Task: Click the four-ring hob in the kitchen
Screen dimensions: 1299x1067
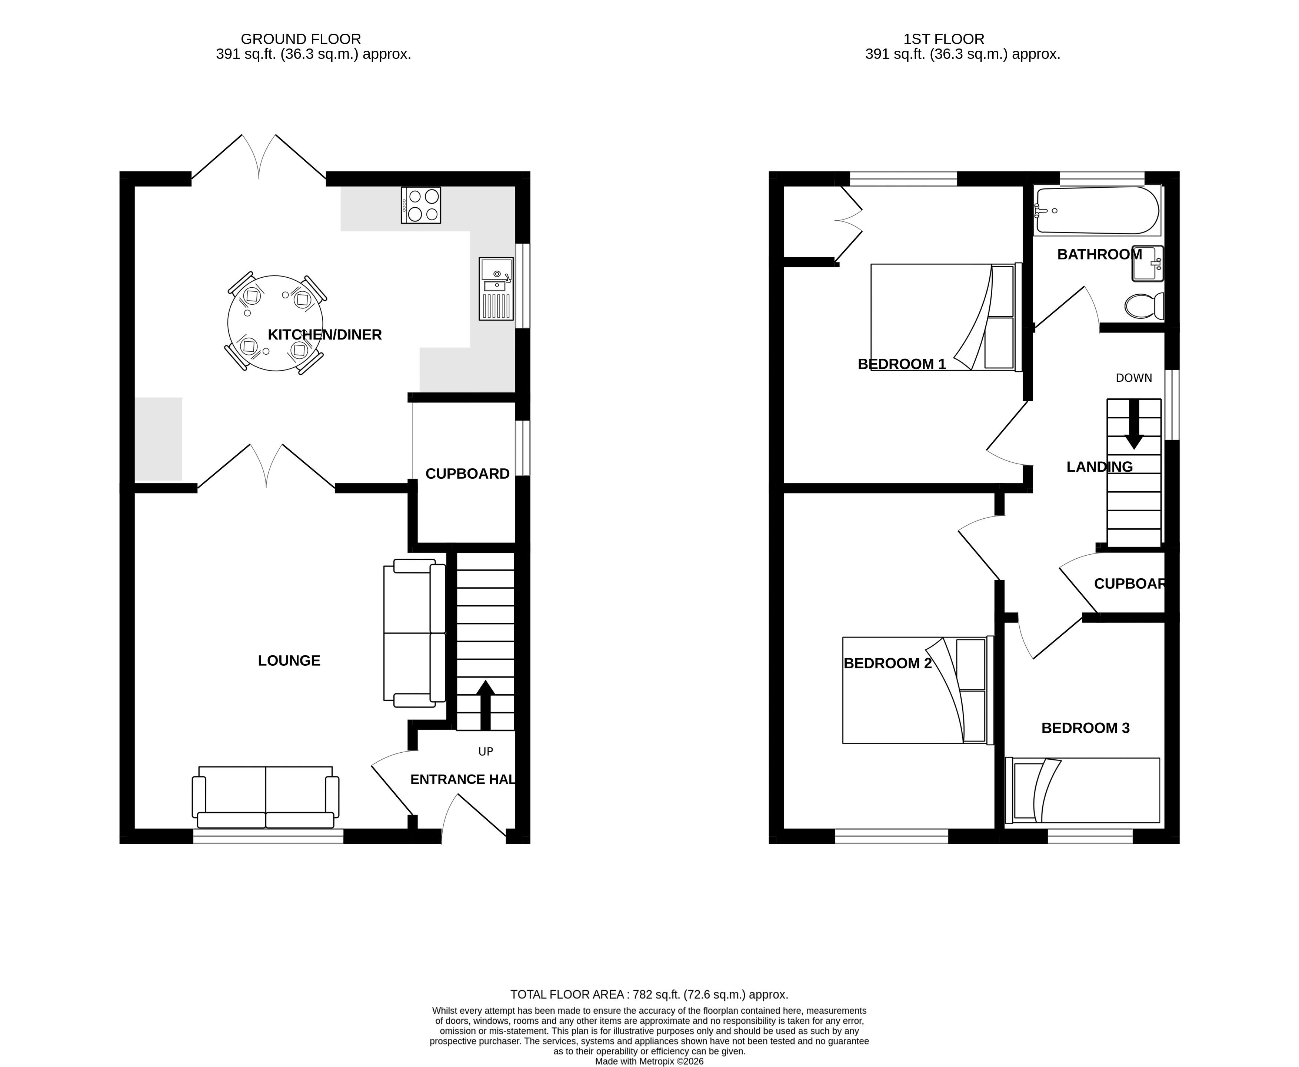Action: [x=420, y=205]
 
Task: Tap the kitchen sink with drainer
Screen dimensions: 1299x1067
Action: [x=496, y=288]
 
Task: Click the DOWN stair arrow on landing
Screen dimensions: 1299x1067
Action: [x=1134, y=424]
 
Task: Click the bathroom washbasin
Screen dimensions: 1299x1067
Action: [x=1147, y=263]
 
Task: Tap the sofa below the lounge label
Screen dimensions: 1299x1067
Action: [x=266, y=797]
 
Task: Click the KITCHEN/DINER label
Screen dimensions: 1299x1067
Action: [x=324, y=334]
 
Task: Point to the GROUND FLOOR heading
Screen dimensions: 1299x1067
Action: [x=301, y=39]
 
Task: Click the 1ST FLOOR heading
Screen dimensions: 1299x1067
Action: [x=944, y=39]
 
